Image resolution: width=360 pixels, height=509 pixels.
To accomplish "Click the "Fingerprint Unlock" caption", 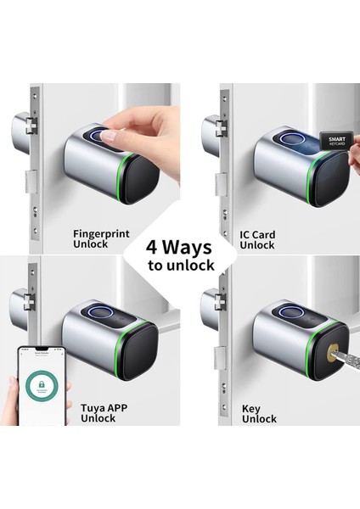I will (101, 239).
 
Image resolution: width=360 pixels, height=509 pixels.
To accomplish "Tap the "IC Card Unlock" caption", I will (256, 239).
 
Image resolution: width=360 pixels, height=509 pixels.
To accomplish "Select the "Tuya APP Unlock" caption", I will (104, 412).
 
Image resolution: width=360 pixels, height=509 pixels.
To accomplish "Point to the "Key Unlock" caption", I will (259, 412).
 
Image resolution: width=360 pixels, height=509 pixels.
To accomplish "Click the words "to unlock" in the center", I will (179, 266).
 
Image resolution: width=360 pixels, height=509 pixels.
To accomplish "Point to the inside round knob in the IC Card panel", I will (211, 129).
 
